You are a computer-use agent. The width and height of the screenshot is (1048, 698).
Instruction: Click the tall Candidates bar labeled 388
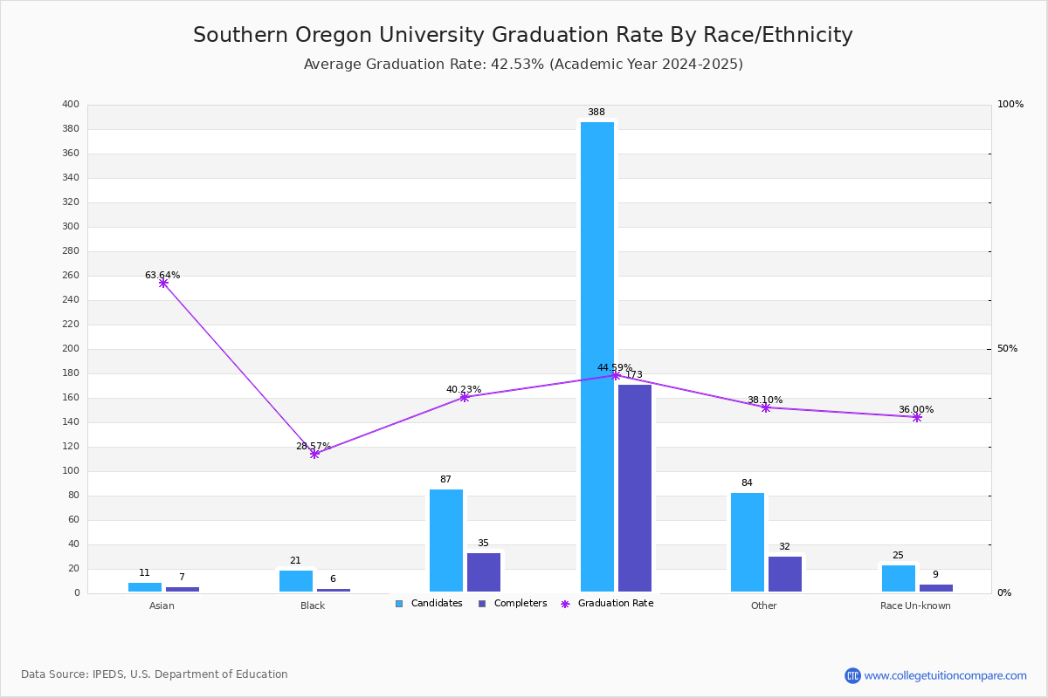[597, 357]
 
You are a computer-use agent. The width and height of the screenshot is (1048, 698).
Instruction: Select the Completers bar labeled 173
[635, 489]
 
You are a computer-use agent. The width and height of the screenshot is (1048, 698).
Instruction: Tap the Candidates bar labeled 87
[446, 541]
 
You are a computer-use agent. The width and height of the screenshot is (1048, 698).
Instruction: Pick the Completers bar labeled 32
[785, 574]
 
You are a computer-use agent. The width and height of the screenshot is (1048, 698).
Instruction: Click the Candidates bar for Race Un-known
[899, 578]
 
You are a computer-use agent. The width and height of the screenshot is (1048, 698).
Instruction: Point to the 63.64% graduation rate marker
[163, 284]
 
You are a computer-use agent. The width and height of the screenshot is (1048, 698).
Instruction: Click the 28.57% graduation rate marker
[314, 454]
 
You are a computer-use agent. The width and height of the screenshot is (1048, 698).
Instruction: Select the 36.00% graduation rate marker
[917, 417]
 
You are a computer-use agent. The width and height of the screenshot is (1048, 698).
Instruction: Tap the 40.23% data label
[464, 389]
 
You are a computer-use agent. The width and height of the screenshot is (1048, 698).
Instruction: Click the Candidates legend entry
[430, 604]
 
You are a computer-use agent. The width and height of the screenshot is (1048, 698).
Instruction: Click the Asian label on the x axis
[162, 606]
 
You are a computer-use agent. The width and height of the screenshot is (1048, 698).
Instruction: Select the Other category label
[764, 606]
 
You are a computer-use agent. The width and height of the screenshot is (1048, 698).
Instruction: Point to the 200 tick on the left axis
[71, 349]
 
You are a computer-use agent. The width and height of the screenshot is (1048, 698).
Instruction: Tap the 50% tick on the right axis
[1007, 349]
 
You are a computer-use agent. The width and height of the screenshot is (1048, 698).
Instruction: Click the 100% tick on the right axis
[1010, 105]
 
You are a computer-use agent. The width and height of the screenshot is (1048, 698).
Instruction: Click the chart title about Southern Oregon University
[523, 35]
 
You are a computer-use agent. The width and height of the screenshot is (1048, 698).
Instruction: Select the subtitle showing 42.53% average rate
[523, 65]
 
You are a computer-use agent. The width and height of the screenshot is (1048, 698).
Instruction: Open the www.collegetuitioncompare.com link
[945, 675]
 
